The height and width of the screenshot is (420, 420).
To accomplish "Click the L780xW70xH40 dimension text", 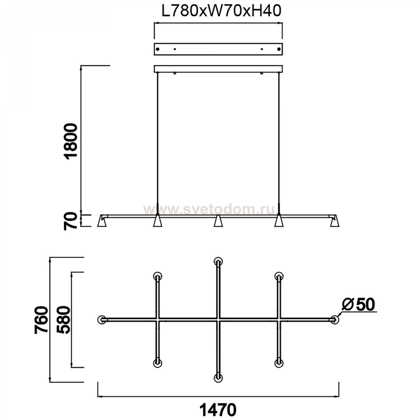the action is [221, 12].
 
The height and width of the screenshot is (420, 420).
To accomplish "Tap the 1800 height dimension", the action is [71, 141].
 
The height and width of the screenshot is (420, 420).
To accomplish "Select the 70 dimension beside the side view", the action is [70, 221].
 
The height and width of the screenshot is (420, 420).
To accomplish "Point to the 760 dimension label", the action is [41, 320].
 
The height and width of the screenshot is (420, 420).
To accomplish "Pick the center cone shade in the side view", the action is [218, 221].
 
